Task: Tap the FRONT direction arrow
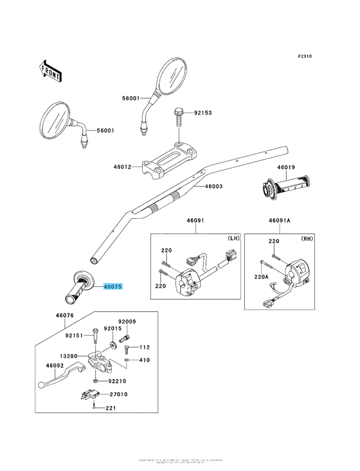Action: point(51,70)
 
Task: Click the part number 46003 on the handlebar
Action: point(214,187)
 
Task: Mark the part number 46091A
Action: point(280,220)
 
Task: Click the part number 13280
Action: point(69,355)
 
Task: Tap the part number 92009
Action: point(127,321)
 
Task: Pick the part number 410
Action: point(144,360)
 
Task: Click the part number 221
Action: point(111,408)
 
